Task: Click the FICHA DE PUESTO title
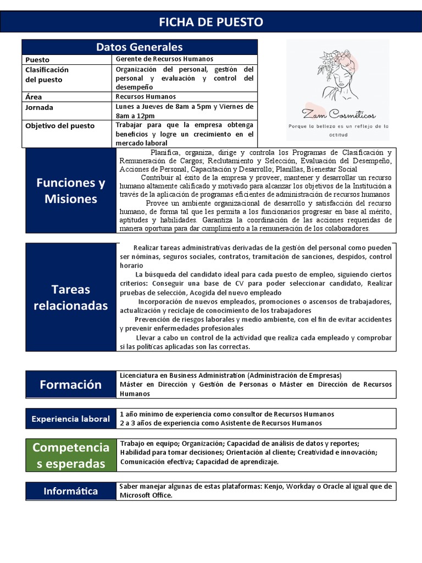click(211, 22)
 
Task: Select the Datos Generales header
click(140, 47)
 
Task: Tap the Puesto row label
click(37, 60)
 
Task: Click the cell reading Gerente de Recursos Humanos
click(165, 59)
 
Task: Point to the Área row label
click(34, 97)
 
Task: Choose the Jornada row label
click(40, 107)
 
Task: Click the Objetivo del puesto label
click(60, 126)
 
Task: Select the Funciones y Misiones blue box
click(71, 191)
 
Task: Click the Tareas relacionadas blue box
click(71, 297)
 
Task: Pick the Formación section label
click(71, 385)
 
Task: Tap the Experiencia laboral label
click(71, 419)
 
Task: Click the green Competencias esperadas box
click(71, 455)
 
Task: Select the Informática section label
click(71, 492)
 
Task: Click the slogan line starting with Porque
click(338, 126)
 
